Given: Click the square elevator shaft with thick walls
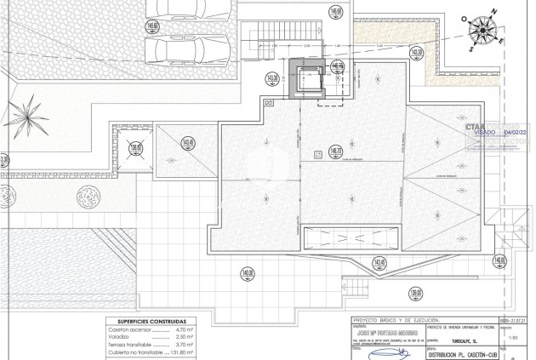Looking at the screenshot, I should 303,79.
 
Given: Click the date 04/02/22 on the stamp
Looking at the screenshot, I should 516,133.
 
